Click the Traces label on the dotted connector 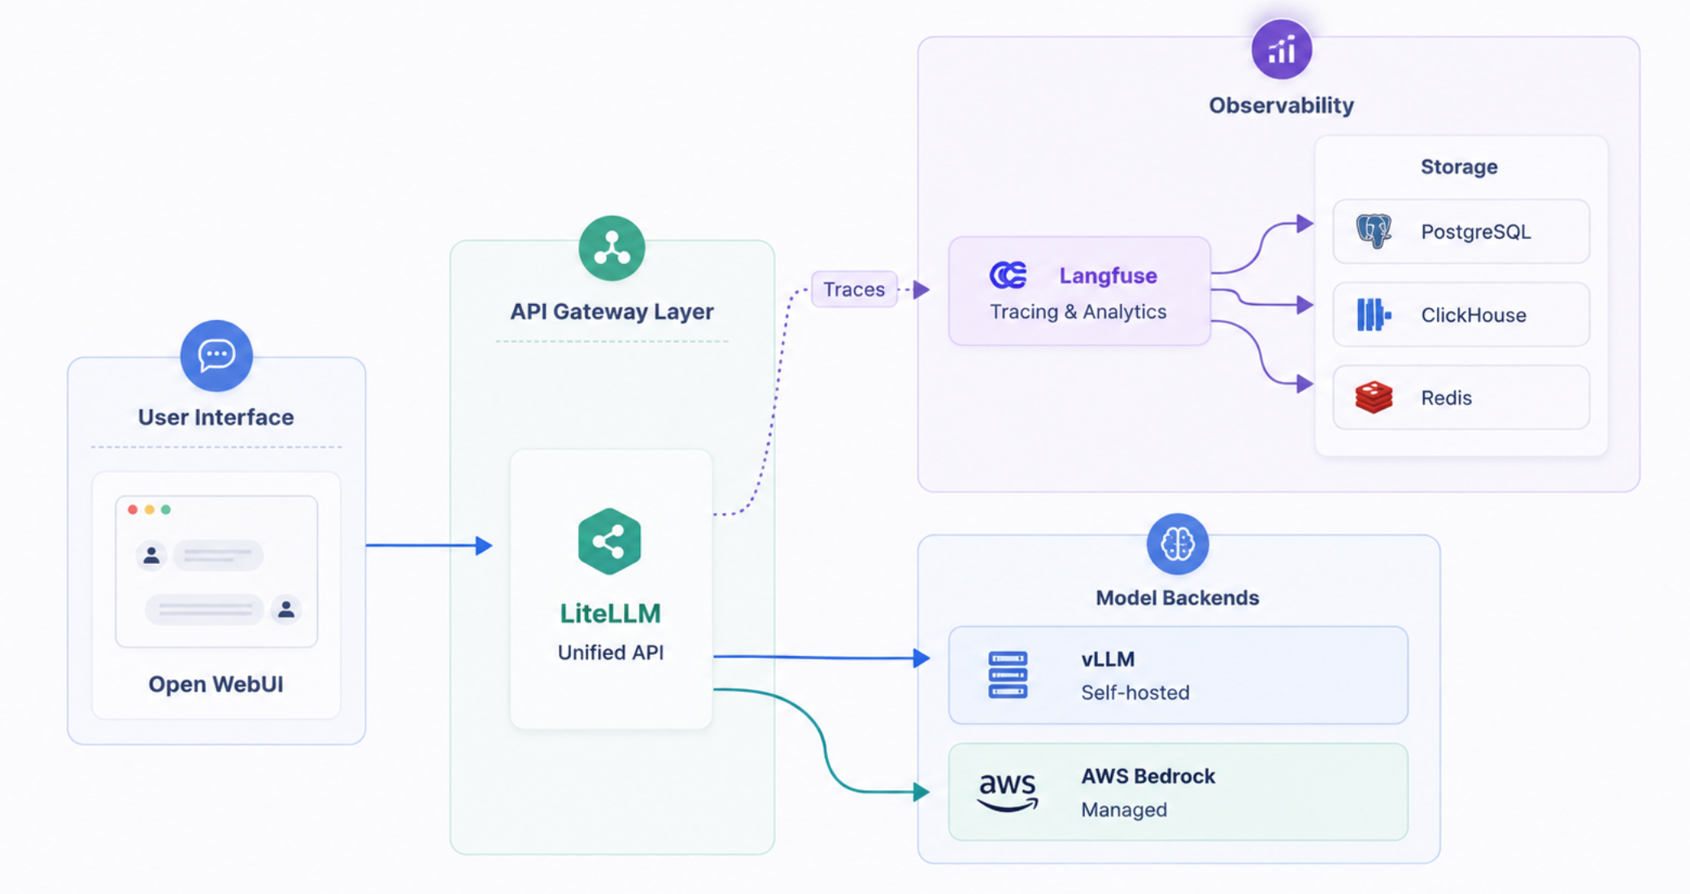(x=854, y=289)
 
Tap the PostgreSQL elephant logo (x=1374, y=231)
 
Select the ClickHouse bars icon (x=1374, y=315)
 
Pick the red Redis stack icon (x=1374, y=397)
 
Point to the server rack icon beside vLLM (x=1008, y=675)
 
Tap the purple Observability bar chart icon (x=1282, y=50)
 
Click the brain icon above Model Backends (x=1178, y=544)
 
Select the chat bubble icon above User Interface (x=216, y=355)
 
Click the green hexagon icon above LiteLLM (x=610, y=541)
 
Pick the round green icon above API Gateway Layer (x=612, y=248)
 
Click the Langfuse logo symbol (x=1008, y=276)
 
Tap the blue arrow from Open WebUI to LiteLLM (x=429, y=545)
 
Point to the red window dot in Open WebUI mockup (x=133, y=510)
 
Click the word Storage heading (x=1459, y=167)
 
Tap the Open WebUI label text (x=216, y=684)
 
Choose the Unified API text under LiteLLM (x=611, y=652)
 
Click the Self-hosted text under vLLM (x=1135, y=692)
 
